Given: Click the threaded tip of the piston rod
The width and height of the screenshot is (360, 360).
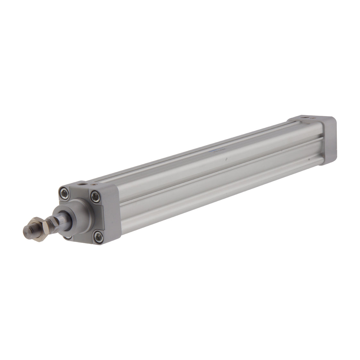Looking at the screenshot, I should click(29, 230).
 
